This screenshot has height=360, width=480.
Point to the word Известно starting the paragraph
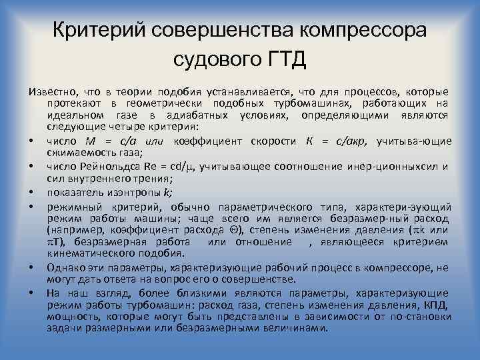pos(51,91)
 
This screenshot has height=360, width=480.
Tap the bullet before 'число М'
pos(31,141)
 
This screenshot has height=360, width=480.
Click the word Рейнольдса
pos(104,167)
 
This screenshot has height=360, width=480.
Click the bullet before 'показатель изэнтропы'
pos(31,192)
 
